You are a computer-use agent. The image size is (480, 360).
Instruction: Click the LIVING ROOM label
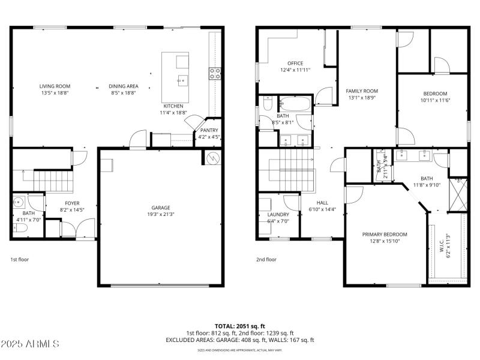tap(55, 86)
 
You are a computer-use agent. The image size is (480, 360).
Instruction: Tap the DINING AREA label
tap(123, 86)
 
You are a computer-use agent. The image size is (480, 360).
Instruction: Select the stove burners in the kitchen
tap(215, 73)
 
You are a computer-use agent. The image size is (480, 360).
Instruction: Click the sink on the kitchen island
tap(182, 79)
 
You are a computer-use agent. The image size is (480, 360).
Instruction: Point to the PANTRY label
tap(209, 130)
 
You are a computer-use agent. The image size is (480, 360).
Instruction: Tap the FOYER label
tap(72, 203)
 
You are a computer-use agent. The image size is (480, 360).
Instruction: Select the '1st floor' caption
tap(19, 260)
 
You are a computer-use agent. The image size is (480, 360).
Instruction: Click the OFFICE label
tap(295, 63)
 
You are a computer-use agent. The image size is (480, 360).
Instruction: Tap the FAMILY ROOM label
tap(362, 91)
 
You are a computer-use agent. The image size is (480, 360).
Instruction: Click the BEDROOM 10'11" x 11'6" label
tap(435, 94)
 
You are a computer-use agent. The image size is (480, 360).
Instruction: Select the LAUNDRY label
tap(278, 214)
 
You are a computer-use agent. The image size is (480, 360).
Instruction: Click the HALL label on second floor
tap(322, 203)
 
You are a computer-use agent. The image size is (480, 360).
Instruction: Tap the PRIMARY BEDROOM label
tap(385, 234)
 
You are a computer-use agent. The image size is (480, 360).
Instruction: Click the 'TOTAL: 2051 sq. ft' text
tap(239, 326)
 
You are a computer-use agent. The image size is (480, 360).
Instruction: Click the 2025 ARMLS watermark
tap(30, 344)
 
